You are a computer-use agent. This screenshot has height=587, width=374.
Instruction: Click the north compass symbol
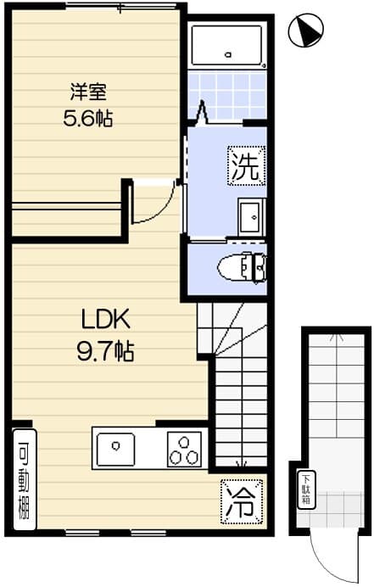[x=306, y=31]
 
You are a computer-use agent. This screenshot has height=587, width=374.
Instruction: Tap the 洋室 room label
[x=88, y=92]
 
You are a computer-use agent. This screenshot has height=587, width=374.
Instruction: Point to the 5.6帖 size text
[x=88, y=118]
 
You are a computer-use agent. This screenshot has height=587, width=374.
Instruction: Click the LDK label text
[x=106, y=319]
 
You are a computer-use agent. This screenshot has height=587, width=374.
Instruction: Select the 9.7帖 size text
[x=105, y=351]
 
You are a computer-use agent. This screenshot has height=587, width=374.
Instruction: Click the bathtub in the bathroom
[x=226, y=45]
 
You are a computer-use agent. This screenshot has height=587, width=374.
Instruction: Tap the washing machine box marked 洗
[x=247, y=166]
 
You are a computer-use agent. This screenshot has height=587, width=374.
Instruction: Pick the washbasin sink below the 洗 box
[x=252, y=217]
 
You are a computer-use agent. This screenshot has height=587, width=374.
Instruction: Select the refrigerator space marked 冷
[x=242, y=501]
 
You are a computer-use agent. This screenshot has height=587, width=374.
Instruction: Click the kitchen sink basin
[x=115, y=449]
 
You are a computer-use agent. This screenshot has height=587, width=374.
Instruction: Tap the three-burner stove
[x=184, y=449]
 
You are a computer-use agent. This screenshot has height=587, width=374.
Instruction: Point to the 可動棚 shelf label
[x=25, y=479]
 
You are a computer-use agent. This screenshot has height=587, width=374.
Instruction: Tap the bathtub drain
[x=228, y=54]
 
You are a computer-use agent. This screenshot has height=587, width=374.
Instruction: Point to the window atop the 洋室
[x=120, y=7]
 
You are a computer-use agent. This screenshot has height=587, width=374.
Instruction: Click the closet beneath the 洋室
[x=67, y=220]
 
